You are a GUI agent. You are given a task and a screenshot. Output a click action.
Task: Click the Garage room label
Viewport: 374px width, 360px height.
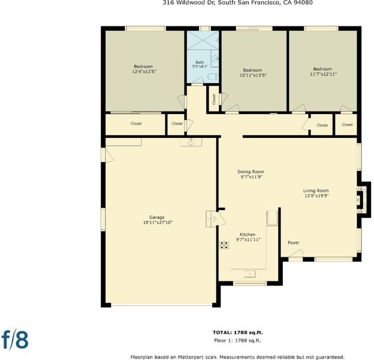157,217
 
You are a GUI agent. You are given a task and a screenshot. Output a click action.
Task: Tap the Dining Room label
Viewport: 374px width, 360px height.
251,172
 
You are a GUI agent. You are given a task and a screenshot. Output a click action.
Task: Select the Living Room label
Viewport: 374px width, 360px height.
316,191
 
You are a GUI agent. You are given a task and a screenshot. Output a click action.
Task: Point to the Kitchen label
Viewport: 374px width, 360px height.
248,235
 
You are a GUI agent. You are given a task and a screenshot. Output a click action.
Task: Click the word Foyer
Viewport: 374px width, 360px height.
293,242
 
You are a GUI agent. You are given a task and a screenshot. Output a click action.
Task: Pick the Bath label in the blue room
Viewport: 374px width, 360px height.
200,62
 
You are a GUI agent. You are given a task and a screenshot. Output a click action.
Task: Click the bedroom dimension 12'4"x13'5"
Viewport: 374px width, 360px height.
144,71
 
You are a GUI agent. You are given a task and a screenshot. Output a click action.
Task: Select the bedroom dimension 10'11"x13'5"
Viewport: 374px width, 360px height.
253,75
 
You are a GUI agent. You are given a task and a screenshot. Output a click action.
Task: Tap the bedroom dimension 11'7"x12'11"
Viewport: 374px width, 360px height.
323,74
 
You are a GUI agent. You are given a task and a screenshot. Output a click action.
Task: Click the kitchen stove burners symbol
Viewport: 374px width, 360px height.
224,245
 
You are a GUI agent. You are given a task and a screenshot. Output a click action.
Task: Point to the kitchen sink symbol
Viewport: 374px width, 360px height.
249,274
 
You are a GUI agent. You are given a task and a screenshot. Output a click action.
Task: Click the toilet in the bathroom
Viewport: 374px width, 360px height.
213,77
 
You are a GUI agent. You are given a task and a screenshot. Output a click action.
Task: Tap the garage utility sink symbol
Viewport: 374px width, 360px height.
191,142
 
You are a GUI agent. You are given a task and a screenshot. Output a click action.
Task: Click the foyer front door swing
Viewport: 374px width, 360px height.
296,253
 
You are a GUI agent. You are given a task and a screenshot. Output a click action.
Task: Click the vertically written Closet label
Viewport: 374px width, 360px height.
214,99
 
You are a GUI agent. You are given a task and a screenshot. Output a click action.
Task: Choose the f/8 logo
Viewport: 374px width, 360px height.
15,339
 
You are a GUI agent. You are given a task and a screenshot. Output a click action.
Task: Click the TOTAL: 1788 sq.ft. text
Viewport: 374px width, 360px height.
237,332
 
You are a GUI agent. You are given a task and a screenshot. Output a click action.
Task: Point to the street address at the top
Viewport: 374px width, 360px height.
237,2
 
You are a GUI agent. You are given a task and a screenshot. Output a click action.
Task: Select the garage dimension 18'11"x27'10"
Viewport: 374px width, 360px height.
158,223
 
